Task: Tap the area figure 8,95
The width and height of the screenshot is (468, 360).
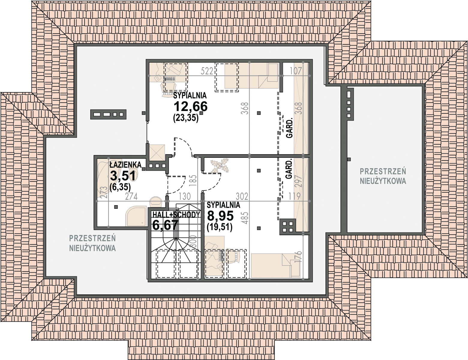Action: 220,216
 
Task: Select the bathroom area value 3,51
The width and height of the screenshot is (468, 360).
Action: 123,175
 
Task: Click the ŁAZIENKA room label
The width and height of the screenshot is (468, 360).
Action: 125,165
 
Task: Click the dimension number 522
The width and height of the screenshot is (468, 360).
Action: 207,71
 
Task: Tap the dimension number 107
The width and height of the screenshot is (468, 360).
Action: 296,71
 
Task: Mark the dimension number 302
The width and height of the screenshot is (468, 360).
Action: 242,196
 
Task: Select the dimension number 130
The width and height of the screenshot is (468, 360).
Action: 184,196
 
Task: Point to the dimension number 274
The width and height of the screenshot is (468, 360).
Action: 131,196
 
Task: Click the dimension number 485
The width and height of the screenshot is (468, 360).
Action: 245,218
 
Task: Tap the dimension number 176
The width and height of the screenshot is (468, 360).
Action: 298,256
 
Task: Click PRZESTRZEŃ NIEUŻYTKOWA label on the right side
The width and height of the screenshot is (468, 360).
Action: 383,176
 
